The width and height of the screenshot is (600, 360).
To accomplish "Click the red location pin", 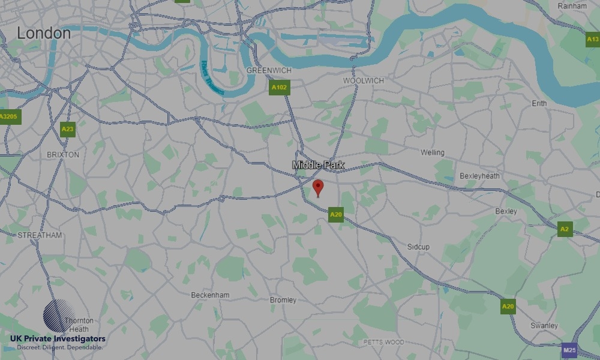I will point(318,187).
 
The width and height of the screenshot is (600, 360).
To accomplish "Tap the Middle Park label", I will point(319,164).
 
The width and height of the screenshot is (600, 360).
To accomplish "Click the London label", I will point(44,34).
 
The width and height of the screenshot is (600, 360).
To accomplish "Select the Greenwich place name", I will point(269,71).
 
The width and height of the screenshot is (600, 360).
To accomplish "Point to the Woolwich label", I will point(364,80).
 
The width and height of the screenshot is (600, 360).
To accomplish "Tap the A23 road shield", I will point(67,128).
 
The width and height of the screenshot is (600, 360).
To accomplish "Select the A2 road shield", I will point(564,229).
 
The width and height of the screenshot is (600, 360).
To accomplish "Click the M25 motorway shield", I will point(569,349).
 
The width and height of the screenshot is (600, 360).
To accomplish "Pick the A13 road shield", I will point(592,40).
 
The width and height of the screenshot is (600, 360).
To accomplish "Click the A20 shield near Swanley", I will point(508,307).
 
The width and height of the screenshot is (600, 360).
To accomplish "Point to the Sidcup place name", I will point(418,247).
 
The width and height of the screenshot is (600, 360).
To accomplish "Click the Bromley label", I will point(283,300).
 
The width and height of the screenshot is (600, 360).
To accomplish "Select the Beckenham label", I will point(210,295).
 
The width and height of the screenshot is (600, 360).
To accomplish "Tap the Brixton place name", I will point(63,154).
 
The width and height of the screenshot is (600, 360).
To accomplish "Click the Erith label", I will point(539,104).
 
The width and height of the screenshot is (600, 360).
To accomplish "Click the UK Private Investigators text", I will point(58,339).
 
